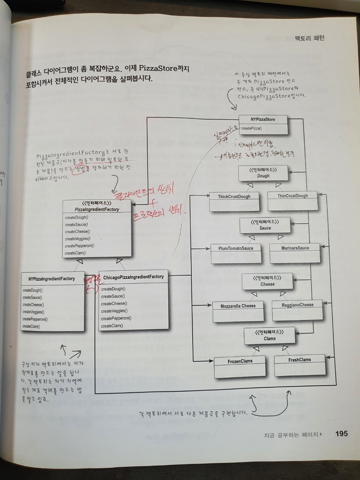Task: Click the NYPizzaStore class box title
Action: tap(263, 119)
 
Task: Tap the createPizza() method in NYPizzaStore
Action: tap(252, 128)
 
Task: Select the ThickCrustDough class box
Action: tap(234, 202)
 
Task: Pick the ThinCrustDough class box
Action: tap(293, 201)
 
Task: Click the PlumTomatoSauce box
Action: tap(236, 253)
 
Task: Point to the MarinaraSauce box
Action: tap(295, 253)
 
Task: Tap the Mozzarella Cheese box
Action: tap(238, 311)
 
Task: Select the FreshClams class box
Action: tap(300, 365)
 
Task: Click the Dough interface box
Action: tap(263, 173)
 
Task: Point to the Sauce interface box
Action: tap(265, 225)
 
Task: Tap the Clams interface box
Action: tap(269, 336)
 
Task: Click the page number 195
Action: tap(341, 434)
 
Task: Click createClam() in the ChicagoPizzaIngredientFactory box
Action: tap(112, 326)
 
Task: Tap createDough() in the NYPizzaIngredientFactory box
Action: tap(32, 290)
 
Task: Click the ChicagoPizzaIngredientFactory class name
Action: tap(133, 277)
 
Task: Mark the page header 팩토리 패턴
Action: tap(310, 38)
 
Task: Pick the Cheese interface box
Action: tap(267, 281)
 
